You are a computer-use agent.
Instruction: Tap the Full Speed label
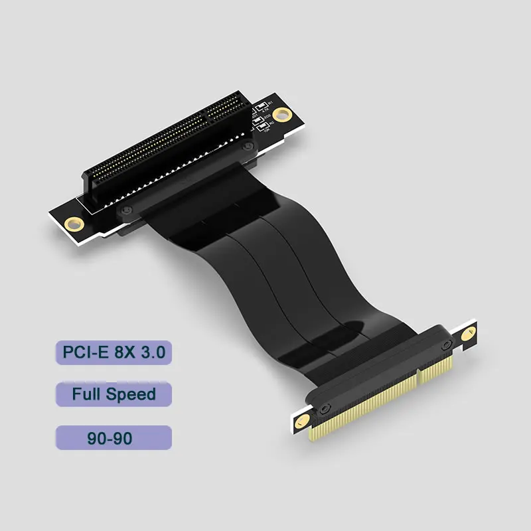(113, 395)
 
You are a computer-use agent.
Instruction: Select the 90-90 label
(113, 439)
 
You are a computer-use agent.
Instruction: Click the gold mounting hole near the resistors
(283, 114)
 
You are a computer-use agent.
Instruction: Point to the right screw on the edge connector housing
(446, 345)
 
